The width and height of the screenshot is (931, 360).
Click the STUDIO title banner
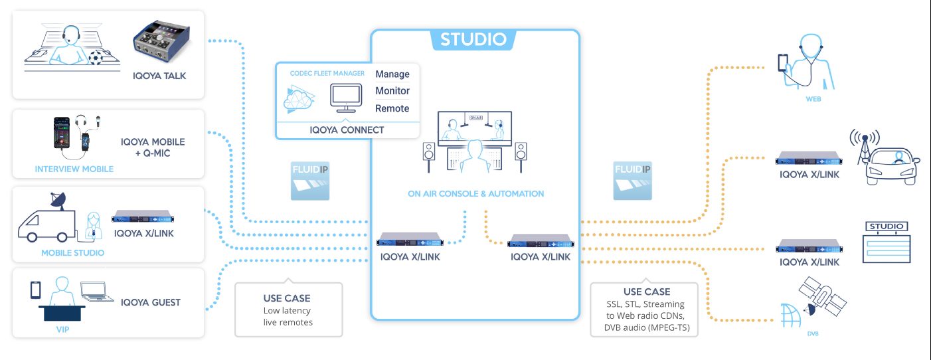[473, 39]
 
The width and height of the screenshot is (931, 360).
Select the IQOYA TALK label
[159, 76]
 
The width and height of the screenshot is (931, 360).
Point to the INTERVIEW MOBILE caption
[74, 169]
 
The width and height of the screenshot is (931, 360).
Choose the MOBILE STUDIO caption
[72, 252]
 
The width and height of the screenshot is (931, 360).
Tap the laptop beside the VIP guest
[94, 290]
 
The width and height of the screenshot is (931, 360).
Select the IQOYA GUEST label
[151, 302]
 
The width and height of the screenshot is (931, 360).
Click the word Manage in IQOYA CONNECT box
[392, 74]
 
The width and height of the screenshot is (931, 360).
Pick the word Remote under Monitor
[392, 108]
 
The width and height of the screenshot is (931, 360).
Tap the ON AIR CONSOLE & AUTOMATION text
[475, 194]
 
